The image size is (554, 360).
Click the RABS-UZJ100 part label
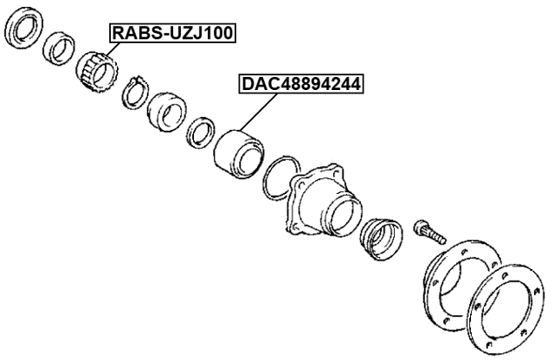pyautogui.click(x=171, y=34)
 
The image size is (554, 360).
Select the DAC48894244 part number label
pyautogui.click(x=300, y=84)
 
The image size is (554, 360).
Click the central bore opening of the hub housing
pyautogui.click(x=341, y=212)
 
